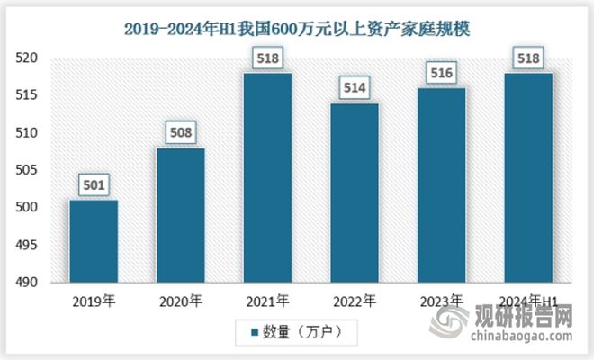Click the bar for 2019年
click(94, 240)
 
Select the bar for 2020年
click(181, 215)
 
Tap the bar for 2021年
click(267, 177)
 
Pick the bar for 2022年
click(354, 193)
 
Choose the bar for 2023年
click(441, 184)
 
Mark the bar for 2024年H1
click(528, 177)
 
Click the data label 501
click(94, 186)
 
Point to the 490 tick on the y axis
click(30, 283)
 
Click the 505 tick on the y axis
click(30, 170)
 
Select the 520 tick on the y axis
click(30, 58)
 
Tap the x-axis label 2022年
click(354, 301)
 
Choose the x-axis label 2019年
click(94, 301)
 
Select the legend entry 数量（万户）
click(298, 332)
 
